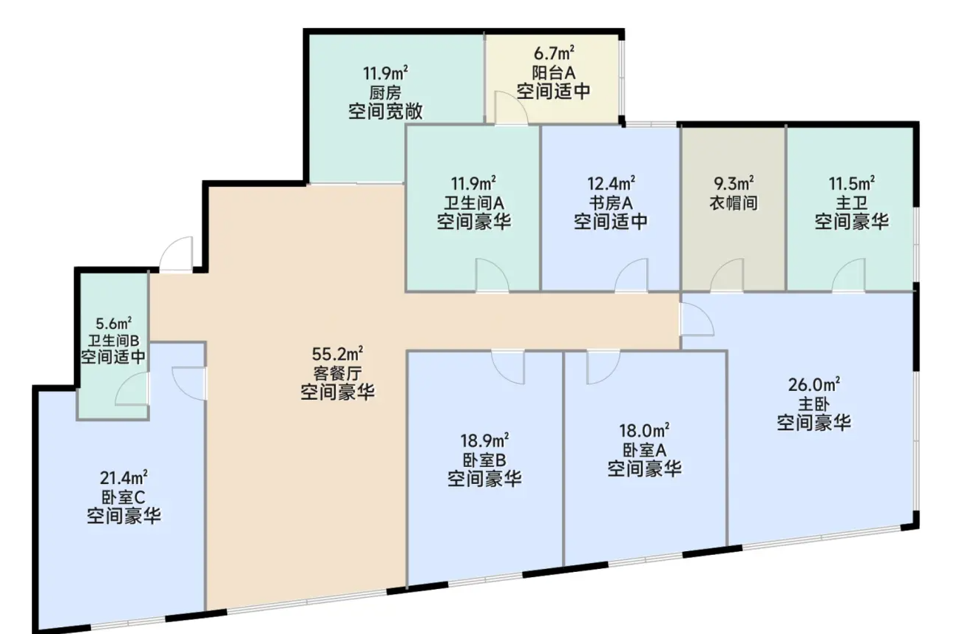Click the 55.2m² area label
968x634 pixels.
tap(337, 354)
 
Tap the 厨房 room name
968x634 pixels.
tap(385, 92)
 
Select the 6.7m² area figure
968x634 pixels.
tap(554, 53)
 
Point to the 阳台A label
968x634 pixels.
tap(554, 72)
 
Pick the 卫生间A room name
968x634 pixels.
tap(473, 202)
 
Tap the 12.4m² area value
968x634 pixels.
tap(611, 183)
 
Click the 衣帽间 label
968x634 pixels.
tap(734, 202)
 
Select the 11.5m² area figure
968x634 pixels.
tap(851, 183)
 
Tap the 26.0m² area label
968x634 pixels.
tap(814, 384)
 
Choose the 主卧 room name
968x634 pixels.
tap(813, 403)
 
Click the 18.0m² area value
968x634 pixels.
tap(644, 431)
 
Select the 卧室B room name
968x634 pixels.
tap(484, 460)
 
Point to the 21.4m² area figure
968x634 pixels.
tap(123, 478)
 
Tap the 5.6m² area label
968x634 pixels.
tap(113, 323)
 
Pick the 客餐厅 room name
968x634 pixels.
tap(337, 373)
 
